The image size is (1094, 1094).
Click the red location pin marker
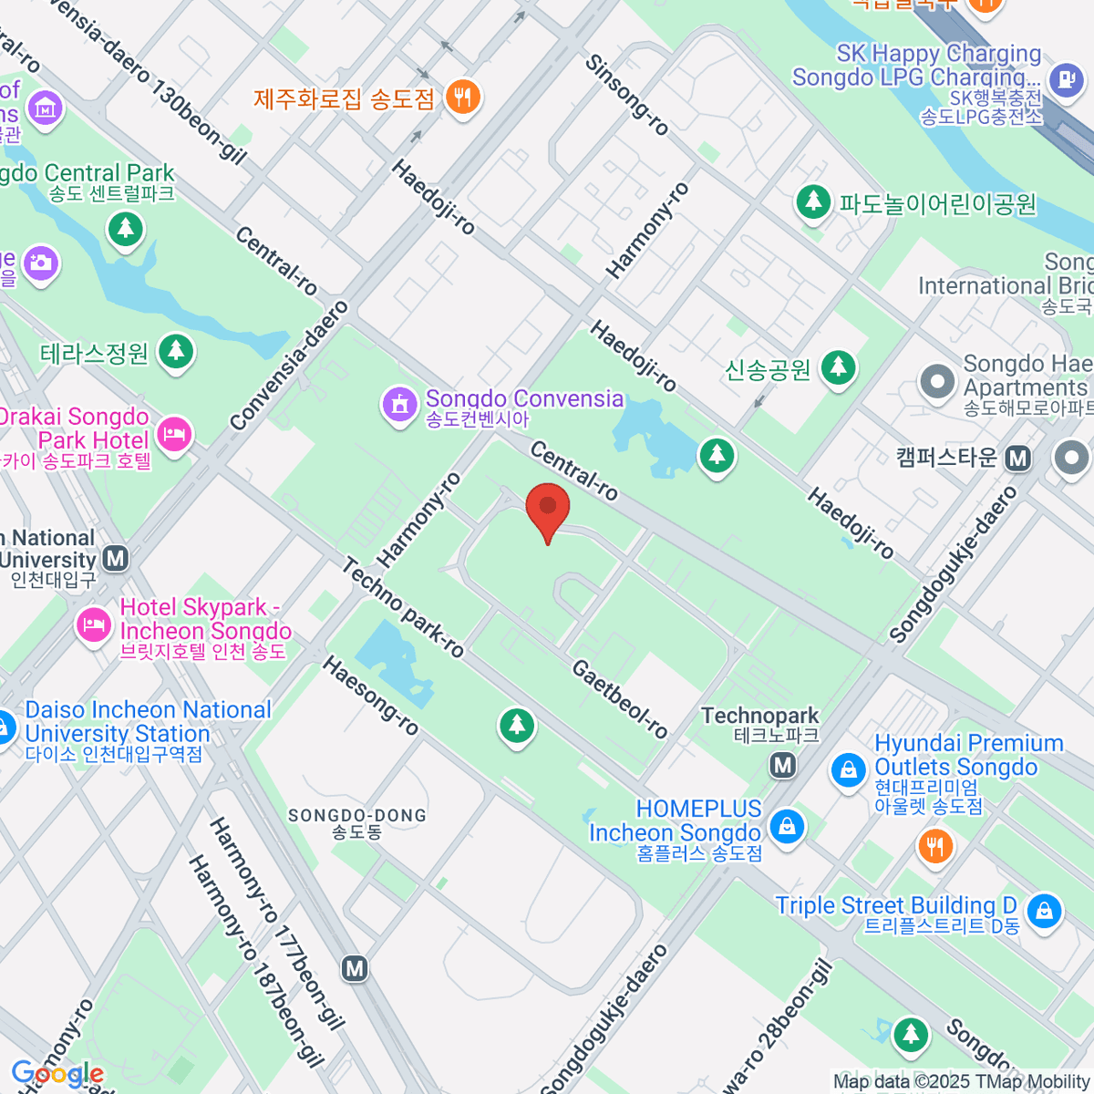click(548, 509)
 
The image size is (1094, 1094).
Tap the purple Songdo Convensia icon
click(398, 405)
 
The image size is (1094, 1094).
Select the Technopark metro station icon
click(782, 765)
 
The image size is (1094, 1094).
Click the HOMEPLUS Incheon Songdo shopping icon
click(786, 826)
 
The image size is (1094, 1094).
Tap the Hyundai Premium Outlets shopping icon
click(848, 770)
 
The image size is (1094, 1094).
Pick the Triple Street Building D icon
click(1043, 910)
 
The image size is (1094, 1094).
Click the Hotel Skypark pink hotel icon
click(93, 624)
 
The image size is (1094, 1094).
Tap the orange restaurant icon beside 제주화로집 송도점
click(463, 96)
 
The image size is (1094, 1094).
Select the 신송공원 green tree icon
click(837, 368)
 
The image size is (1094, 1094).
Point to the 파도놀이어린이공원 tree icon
click(812, 201)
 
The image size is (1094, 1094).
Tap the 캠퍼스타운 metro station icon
click(1017, 459)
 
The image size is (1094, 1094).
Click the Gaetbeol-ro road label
click(620, 698)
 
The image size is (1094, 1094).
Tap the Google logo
click(57, 1074)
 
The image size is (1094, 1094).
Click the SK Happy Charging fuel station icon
click(1065, 79)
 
